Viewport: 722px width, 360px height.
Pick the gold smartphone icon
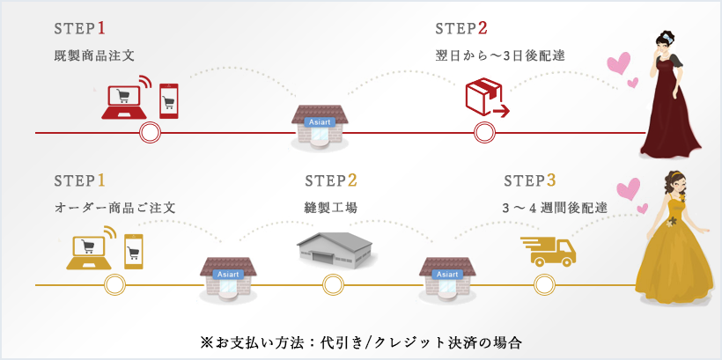[134, 250]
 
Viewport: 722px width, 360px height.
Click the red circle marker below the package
[484, 133]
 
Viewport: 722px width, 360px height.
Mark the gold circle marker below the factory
[331, 284]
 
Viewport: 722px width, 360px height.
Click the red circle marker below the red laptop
[151, 133]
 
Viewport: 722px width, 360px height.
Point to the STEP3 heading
[530, 181]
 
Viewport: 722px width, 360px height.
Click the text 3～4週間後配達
[556, 208]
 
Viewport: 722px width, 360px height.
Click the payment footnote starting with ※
[361, 341]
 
